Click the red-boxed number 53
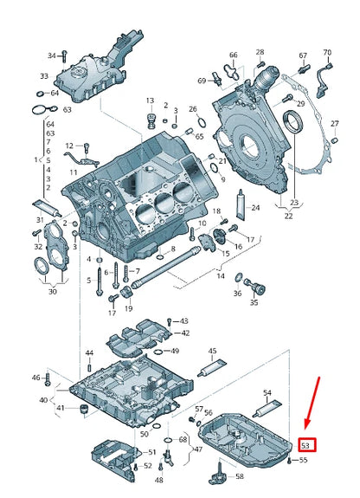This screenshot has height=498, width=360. point(305,445)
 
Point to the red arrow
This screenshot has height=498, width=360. point(312,403)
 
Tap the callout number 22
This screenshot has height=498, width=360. point(288,216)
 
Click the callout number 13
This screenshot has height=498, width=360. point(151,100)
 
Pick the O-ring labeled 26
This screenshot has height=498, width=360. point(202,122)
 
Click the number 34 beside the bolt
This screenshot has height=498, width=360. point(51,56)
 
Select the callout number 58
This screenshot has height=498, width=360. point(240,476)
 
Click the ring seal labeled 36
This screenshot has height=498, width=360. point(239,278)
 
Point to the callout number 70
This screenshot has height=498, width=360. point(327,52)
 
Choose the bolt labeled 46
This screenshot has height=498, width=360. point(48,378)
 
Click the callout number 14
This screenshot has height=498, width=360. point(221,275)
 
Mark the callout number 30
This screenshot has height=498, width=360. point(53,291)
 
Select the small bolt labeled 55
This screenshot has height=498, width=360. point(289,461)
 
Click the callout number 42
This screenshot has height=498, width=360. point(185,333)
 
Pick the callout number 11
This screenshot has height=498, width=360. point(74,172)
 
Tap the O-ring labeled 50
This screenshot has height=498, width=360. point(156,426)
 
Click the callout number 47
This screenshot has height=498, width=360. point(199,449)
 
